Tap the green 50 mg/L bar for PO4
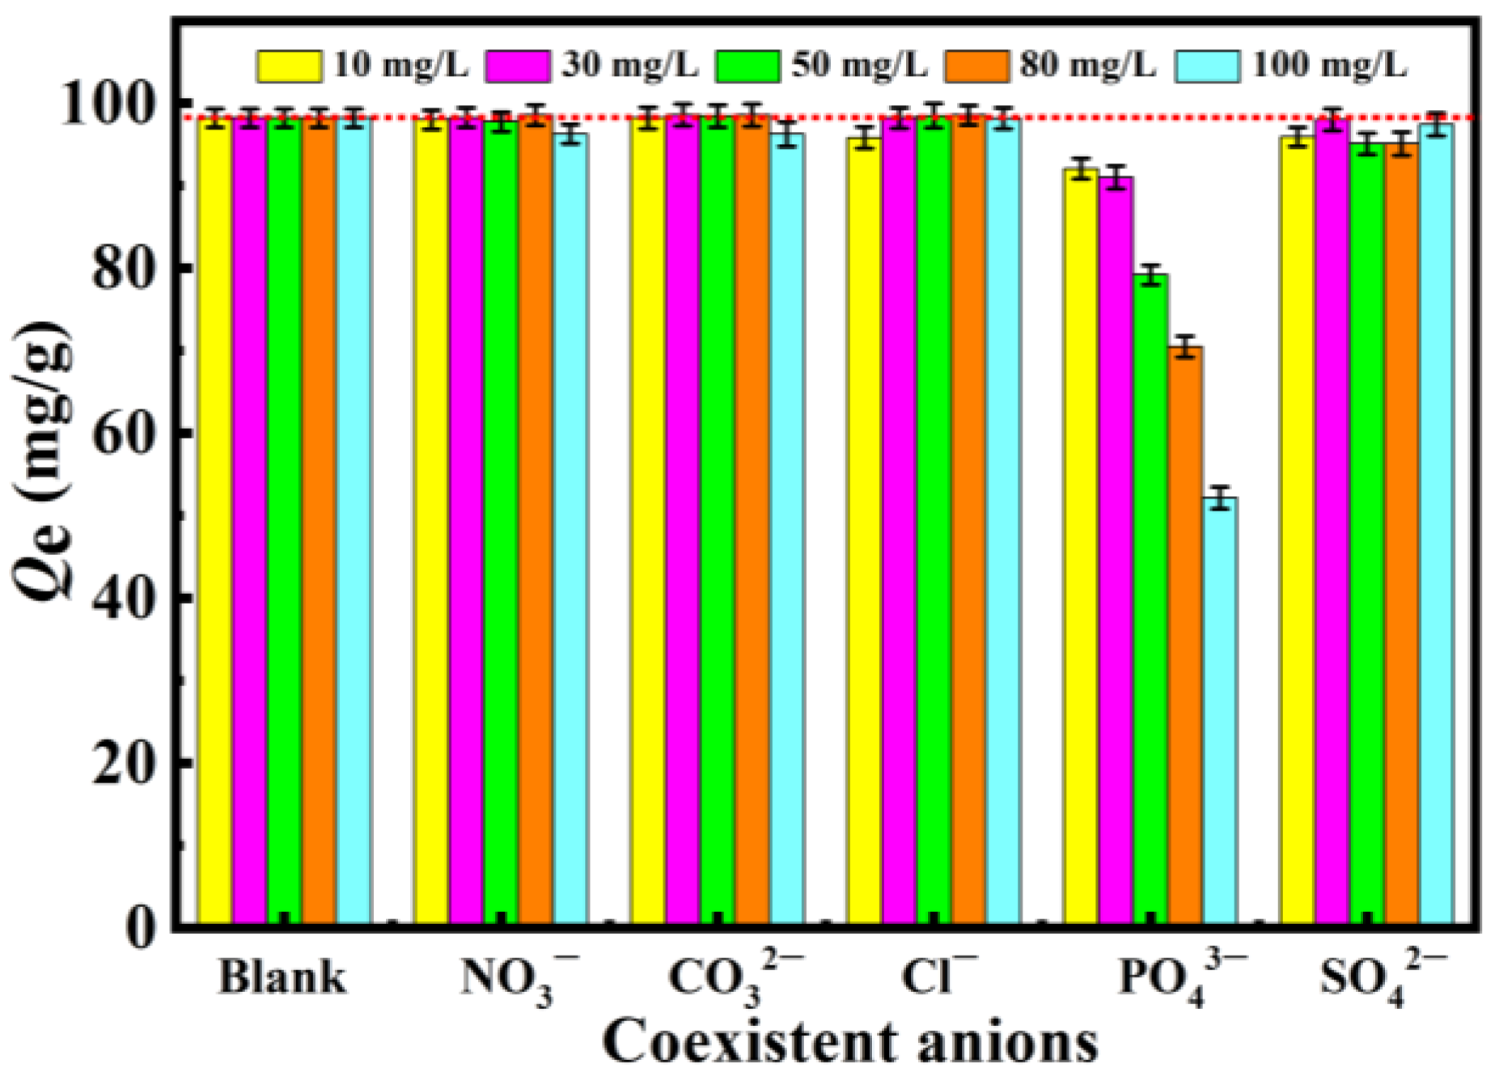[1150, 599]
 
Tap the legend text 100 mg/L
[1329, 65]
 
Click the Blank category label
[282, 977]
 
